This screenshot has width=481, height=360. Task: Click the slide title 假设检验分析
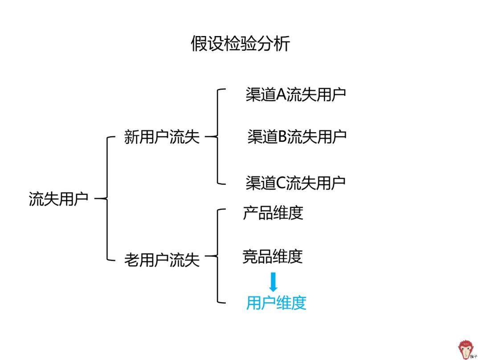tap(240, 44)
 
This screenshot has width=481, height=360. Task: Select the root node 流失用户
tap(58, 199)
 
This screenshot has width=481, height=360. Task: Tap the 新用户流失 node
tap(162, 137)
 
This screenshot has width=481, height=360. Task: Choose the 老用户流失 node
tap(162, 260)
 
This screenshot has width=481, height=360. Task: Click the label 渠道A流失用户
tap(296, 94)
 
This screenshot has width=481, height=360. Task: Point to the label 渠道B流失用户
tap(297, 137)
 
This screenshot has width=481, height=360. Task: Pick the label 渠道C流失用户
tap(296, 183)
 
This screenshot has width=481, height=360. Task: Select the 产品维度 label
tap(273, 213)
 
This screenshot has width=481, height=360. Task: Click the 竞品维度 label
tap(273, 257)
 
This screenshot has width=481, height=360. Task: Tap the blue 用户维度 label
tap(276, 303)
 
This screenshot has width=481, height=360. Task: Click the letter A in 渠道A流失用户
tap(281, 94)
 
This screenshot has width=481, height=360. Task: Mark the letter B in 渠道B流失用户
tap(282, 137)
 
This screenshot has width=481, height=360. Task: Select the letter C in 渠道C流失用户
tap(281, 183)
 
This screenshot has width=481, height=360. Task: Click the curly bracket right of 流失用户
tap(105, 198)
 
